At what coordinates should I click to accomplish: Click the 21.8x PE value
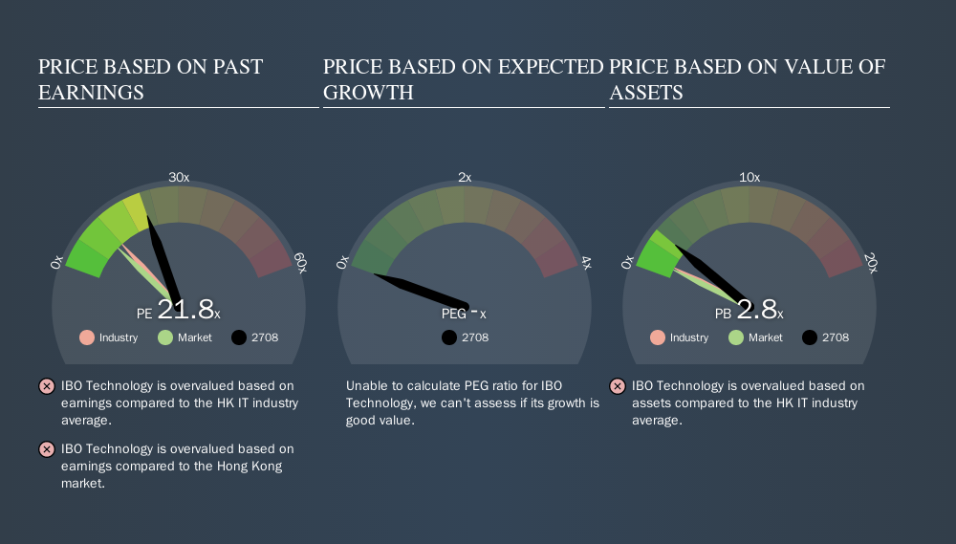187,310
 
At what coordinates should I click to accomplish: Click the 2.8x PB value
759,310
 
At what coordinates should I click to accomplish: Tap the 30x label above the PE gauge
179,178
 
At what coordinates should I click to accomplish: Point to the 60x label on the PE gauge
300,263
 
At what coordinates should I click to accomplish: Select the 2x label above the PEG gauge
465,178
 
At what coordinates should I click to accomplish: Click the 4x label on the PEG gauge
585,263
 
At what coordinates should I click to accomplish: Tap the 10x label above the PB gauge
750,178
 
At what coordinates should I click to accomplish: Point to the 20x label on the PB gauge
871,263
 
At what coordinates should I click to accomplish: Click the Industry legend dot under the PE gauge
87,337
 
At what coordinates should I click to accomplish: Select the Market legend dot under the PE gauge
165,337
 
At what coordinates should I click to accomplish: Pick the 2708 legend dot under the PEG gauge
449,337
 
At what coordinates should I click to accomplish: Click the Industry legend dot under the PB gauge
658,337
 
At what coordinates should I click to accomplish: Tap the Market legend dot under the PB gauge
736,337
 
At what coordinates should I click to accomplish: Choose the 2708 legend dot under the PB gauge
810,337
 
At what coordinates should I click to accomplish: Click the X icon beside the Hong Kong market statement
46,449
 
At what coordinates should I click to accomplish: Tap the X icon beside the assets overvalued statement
617,386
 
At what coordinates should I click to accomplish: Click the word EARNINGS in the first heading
91,93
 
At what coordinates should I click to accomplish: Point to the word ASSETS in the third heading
646,93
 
